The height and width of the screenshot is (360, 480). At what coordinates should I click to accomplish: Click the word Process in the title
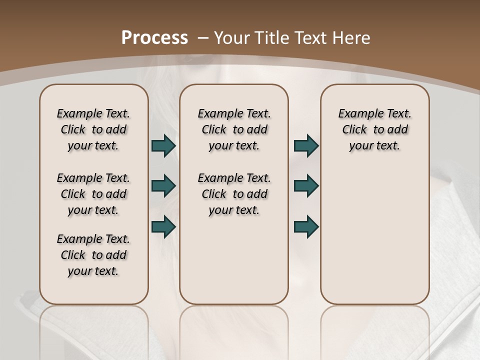(155, 38)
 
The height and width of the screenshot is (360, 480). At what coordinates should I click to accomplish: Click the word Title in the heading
(271, 38)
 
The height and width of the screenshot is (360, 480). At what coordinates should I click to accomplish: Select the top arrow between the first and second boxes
(163, 145)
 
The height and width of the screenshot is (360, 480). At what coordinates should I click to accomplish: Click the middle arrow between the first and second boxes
(163, 186)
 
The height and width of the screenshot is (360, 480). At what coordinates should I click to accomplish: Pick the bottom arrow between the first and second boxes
(163, 226)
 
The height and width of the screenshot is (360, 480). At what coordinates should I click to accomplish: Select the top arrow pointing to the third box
(306, 145)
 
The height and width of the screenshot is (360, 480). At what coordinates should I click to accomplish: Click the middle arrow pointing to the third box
(306, 186)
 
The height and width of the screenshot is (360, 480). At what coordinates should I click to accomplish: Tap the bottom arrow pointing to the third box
(306, 226)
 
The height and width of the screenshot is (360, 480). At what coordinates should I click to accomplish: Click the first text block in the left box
(93, 129)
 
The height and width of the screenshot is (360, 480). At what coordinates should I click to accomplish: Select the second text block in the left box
(93, 194)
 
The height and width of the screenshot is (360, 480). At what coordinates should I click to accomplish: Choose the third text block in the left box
(93, 255)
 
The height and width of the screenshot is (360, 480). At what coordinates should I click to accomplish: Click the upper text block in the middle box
(234, 129)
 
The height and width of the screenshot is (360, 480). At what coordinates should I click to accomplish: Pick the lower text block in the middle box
(234, 194)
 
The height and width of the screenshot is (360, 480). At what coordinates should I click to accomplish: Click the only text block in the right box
(374, 129)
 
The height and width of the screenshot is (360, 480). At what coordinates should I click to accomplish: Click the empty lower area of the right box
(374, 235)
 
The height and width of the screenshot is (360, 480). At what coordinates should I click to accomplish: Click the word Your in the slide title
(233, 38)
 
